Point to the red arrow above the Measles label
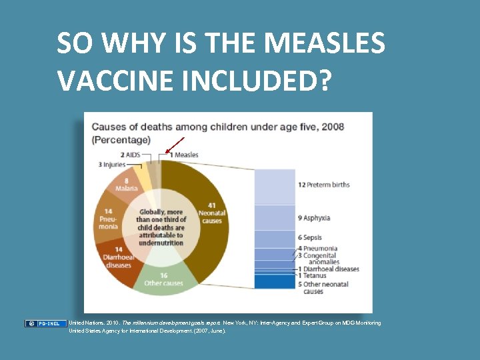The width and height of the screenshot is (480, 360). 175,144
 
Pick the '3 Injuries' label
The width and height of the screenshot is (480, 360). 113,164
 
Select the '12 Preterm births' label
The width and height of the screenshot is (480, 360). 323,184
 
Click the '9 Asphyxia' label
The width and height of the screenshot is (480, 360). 313,218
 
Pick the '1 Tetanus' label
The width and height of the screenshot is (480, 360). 313,276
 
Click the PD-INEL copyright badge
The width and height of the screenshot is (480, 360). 46,323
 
